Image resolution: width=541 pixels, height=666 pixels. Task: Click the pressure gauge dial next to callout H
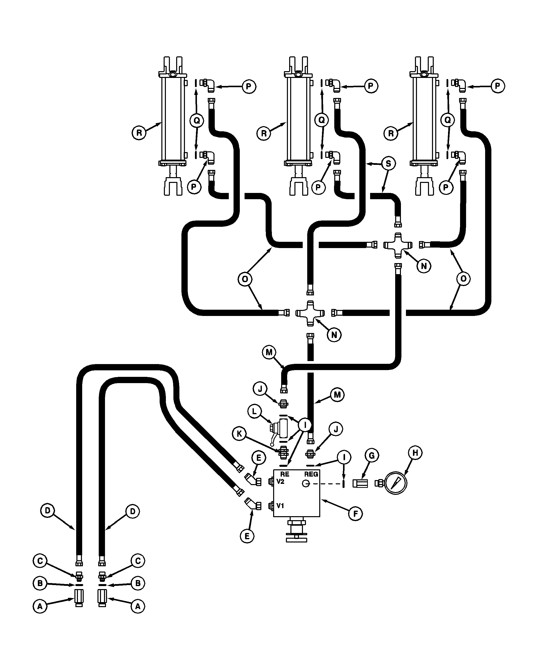[395, 483]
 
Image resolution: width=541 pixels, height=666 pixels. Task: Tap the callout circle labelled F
[355, 514]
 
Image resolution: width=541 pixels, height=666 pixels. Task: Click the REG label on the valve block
[311, 474]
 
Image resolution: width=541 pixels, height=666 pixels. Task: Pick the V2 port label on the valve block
[280, 482]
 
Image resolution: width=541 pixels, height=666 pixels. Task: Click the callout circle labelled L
[254, 411]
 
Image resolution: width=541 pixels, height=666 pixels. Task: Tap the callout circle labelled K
[239, 434]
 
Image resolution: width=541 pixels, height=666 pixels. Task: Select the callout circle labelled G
[371, 456]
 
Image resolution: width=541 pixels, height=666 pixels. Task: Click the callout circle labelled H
[415, 453]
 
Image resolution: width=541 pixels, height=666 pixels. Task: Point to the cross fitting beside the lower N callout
[310, 313]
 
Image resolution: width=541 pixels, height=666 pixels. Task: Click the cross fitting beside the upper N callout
[398, 245]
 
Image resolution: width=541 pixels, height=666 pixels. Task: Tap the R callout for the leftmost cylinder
[139, 133]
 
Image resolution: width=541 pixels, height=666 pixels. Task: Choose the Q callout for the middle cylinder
[321, 120]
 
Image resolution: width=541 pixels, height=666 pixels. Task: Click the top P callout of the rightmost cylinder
[497, 86]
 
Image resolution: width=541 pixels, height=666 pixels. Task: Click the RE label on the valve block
[284, 474]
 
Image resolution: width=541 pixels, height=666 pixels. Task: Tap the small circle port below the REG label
[306, 483]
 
